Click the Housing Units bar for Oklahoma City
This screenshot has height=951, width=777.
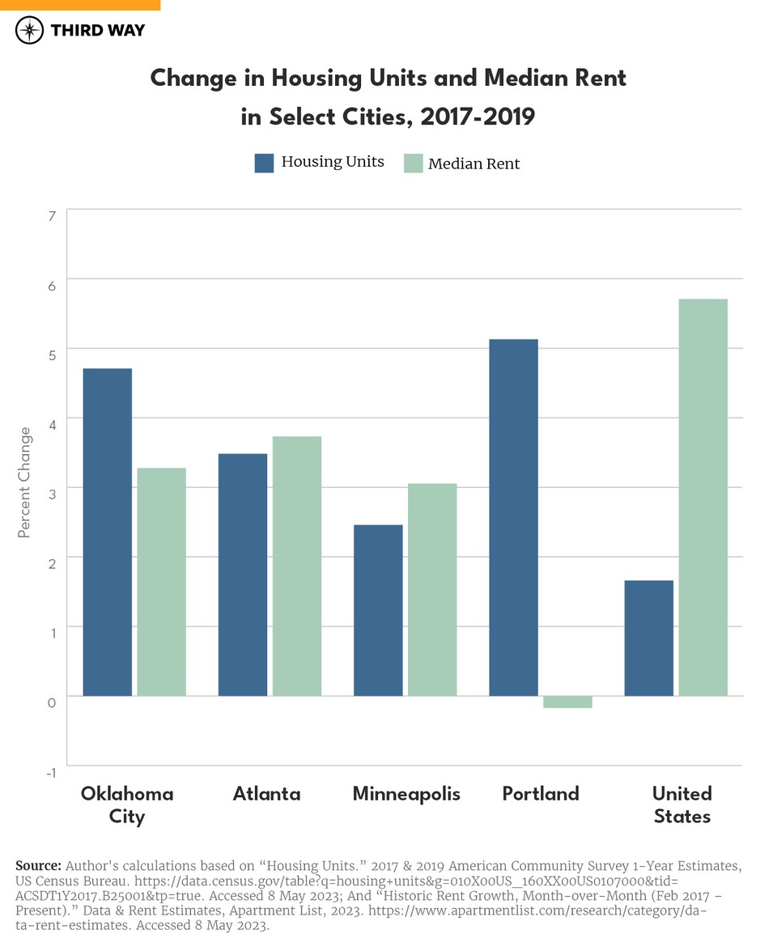click(x=108, y=532)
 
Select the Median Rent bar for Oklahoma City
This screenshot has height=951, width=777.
click(x=162, y=581)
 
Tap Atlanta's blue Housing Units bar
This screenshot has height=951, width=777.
click(x=243, y=574)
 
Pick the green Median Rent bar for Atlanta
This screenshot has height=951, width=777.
click(x=297, y=566)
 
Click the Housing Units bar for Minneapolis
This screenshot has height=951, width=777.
click(x=378, y=609)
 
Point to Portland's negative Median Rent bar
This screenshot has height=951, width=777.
click(x=567, y=702)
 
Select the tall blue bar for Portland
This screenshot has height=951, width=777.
click(x=514, y=517)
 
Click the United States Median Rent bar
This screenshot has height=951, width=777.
click(x=703, y=497)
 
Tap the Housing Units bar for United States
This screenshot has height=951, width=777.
click(x=649, y=638)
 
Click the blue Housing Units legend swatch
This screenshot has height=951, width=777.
click(x=265, y=163)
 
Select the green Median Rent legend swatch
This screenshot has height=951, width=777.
click(x=413, y=163)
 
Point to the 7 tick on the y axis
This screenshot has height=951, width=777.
click(x=52, y=216)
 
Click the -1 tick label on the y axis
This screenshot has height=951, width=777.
click(x=50, y=772)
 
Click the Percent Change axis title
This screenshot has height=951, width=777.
click(x=24, y=482)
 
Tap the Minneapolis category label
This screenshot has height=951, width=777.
click(x=406, y=794)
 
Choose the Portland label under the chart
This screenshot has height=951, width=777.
click(x=541, y=794)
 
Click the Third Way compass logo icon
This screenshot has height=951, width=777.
click(x=30, y=31)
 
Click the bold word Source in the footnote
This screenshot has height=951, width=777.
click(x=38, y=865)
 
